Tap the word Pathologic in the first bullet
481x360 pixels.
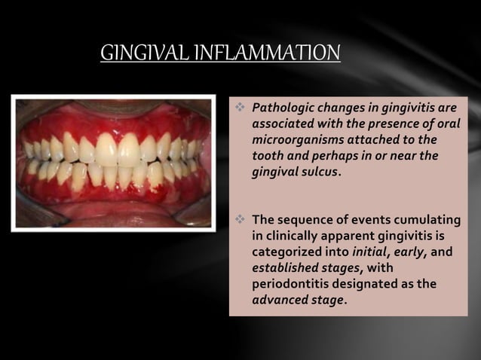(x=281, y=108)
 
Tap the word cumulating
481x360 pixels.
(x=427, y=220)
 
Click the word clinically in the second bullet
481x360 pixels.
(x=293, y=236)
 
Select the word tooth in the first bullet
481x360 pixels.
(x=267, y=157)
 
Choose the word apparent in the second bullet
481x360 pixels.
(x=354, y=236)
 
